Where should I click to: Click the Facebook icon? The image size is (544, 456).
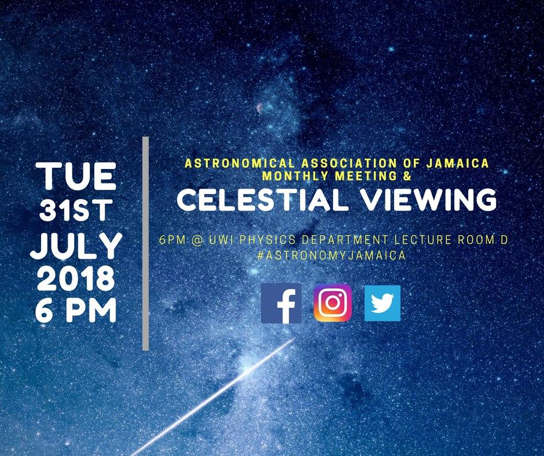tap(281, 303)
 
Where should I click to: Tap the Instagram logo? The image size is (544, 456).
tap(332, 303)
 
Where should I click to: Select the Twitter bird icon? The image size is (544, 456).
tap(383, 303)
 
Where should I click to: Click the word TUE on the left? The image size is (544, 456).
tap(76, 176)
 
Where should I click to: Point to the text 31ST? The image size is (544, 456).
tap(76, 210)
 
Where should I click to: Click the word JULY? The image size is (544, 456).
tap(76, 246)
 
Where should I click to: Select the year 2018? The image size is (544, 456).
tap(76, 279)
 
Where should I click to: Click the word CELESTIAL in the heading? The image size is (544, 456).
tap(262, 200)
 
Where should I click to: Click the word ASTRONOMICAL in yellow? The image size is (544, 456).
tap(240, 163)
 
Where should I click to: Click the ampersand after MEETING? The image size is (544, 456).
tap(407, 176)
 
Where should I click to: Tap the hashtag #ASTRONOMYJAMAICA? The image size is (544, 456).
tap(332, 255)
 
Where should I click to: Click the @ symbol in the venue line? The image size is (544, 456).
tap(197, 240)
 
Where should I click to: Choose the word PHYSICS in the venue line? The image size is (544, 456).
tap(266, 240)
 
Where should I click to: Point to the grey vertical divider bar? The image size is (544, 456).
tap(146, 243)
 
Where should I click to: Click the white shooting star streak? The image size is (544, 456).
tap(214, 396)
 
